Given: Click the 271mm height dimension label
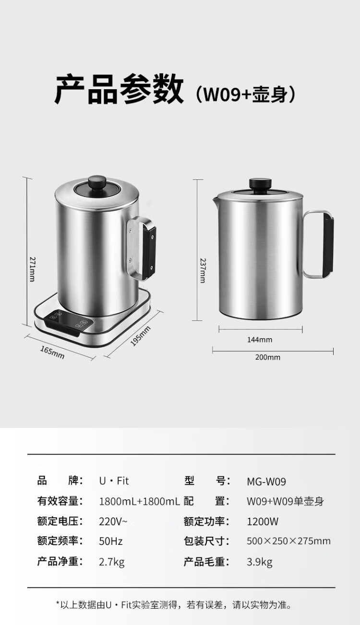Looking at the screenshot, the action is tap(32, 269).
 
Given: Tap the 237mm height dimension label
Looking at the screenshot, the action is tap(203, 271).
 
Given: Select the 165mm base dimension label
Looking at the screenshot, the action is tap(52, 353).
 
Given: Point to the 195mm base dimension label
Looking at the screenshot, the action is tap(140, 336).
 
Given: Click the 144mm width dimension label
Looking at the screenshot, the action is tap(260, 340).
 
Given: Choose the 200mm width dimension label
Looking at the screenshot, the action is tap(267, 357).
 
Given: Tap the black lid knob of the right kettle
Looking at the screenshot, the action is tap(260, 184).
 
